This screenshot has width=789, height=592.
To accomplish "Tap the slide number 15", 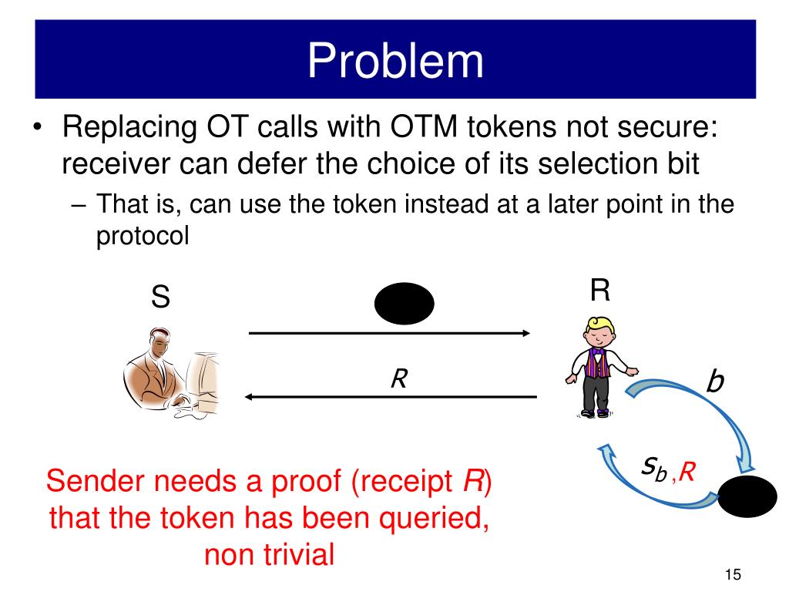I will [x=732, y=574].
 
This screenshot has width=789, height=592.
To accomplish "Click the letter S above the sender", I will [x=160, y=297].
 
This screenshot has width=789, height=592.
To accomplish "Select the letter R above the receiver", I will [x=600, y=291].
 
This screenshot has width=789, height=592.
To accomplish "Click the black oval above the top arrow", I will [x=404, y=304].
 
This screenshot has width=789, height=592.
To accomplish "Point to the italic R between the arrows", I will [x=398, y=378].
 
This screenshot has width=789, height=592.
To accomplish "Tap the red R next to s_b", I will [x=687, y=471].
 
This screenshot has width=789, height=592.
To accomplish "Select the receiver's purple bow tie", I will [x=598, y=351].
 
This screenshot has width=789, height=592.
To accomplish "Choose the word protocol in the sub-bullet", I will [x=142, y=236].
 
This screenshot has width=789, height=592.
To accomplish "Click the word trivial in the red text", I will [x=296, y=553].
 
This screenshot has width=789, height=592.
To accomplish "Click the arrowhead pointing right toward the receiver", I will [x=525, y=333].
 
